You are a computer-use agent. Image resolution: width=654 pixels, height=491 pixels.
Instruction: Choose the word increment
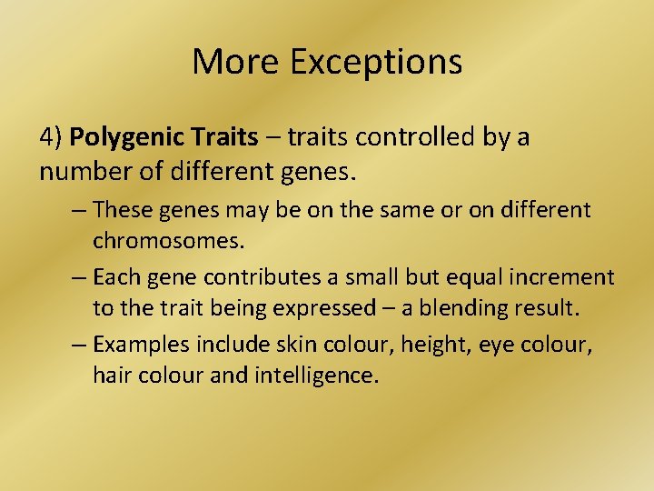click(567, 276)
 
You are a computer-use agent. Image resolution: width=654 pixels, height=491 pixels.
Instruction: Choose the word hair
click(112, 376)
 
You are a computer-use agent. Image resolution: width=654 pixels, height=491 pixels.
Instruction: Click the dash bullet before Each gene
click(79, 276)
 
